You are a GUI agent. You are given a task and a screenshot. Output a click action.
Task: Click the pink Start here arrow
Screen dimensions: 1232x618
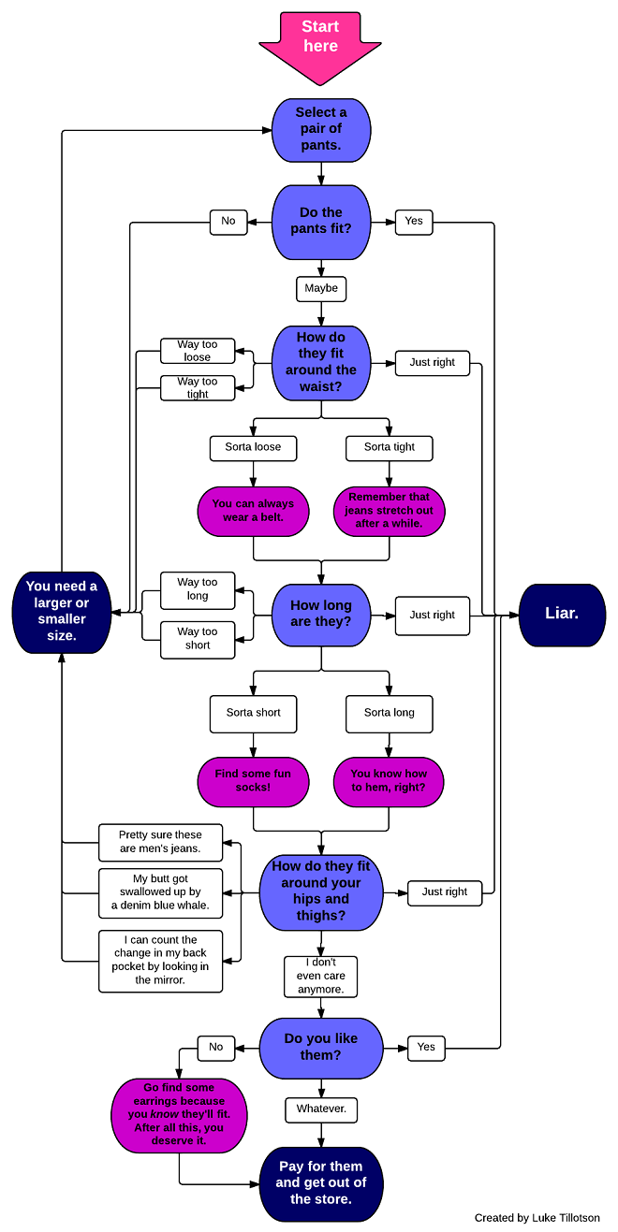pos(320,42)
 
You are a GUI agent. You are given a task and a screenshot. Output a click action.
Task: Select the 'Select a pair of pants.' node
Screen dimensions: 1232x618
pos(321,129)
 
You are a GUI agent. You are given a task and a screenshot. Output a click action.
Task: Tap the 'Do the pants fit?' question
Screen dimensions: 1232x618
pos(321,222)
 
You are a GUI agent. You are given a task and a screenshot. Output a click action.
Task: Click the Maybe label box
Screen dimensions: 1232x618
pos(321,288)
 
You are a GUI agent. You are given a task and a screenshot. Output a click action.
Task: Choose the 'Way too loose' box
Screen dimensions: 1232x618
pos(197,351)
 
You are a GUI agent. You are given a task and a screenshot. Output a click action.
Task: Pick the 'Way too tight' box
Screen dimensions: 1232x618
pos(197,387)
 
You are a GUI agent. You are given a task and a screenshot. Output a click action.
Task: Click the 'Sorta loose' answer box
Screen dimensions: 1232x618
pos(253,447)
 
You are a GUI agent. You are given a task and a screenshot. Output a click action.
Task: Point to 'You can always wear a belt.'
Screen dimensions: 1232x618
pos(253,511)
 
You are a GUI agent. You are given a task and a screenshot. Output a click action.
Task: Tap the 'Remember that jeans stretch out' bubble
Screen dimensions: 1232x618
pos(389,511)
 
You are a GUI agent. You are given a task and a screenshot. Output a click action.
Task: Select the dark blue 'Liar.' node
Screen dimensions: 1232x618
pos(562,615)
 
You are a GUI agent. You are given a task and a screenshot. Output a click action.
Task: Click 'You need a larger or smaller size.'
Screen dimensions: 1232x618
pos(62,612)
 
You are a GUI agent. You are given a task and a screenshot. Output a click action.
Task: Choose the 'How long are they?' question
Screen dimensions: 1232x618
pos(321,615)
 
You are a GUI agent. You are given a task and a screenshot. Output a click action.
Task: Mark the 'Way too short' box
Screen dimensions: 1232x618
pos(198,639)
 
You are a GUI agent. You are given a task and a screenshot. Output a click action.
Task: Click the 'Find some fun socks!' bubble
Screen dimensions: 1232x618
pos(253,781)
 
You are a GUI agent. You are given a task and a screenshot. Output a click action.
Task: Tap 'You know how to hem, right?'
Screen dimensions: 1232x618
pos(389,781)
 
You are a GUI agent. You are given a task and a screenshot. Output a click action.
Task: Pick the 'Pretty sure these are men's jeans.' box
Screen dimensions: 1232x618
pos(161,842)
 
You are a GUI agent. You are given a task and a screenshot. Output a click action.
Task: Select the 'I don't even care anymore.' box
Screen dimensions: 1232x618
pos(321,976)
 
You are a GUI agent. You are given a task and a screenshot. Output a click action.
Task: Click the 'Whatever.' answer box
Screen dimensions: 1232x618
pos(321,1109)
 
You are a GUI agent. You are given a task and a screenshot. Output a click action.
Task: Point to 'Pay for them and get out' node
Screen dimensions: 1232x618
pos(321,1183)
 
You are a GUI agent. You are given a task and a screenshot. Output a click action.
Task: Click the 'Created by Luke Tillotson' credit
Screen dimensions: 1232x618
pos(537,1218)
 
